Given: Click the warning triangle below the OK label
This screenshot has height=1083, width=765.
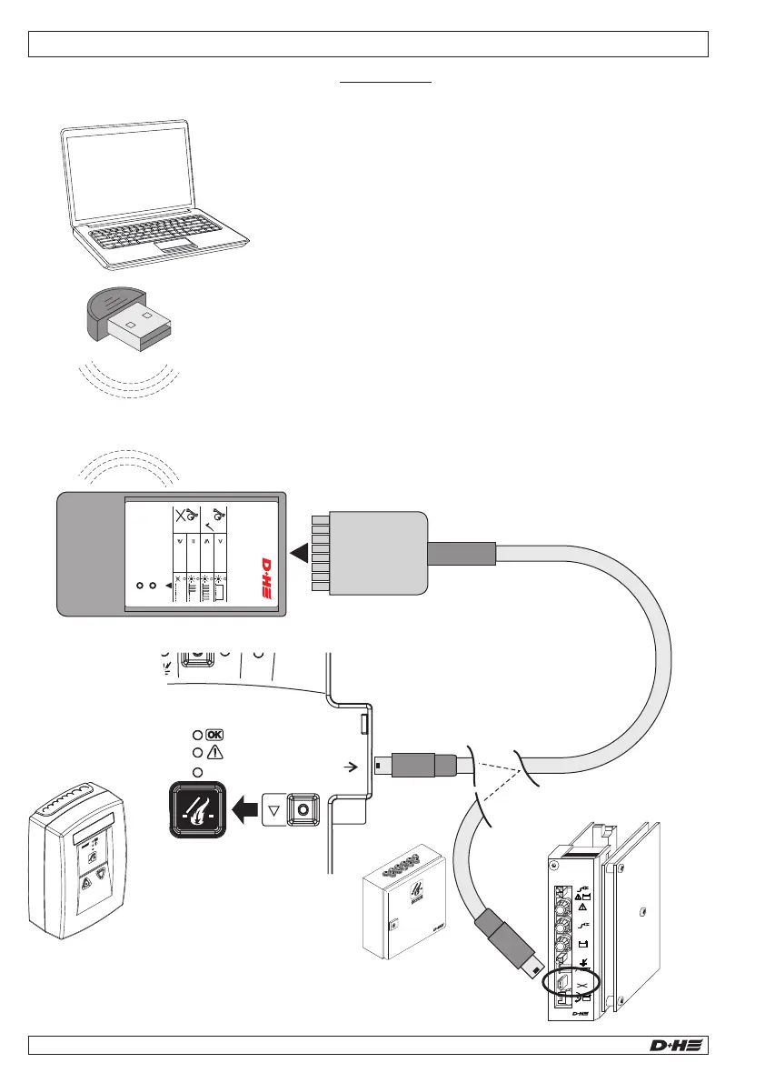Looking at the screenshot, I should click(215, 752).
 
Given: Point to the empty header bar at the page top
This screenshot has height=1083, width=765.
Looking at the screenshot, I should click(368, 44).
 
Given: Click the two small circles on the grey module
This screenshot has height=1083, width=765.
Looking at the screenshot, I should click(146, 585).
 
